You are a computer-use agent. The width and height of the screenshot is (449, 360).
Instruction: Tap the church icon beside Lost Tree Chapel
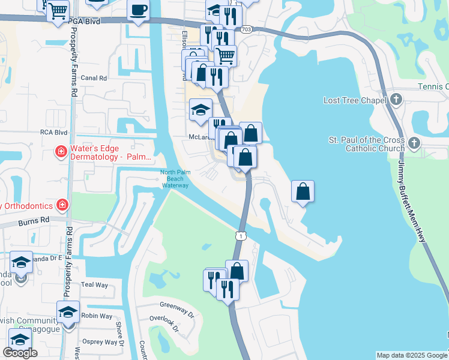point(396,99)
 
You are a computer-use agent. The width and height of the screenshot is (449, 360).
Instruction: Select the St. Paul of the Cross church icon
point(414,143)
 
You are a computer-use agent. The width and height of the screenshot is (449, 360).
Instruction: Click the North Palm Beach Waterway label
point(175,179)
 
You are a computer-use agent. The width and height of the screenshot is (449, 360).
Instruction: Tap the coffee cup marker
point(139,10)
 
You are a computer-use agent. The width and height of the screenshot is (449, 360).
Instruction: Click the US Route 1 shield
point(240,236)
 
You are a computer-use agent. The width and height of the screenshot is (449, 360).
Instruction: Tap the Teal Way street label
point(94,285)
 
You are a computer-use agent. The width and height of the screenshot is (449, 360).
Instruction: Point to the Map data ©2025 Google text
point(411,355)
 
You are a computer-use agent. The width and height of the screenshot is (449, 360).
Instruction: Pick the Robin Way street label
point(96,316)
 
